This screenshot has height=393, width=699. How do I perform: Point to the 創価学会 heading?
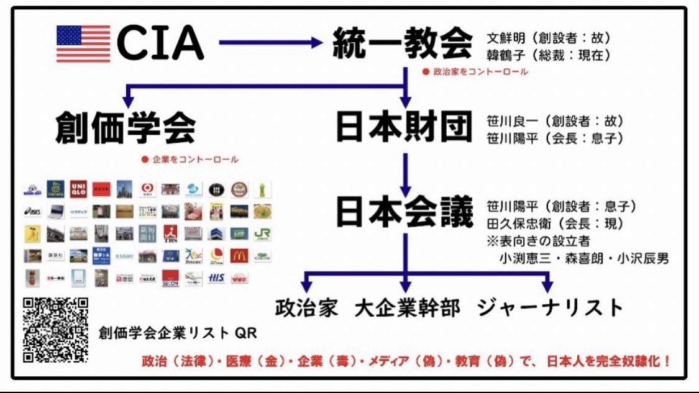[125, 127]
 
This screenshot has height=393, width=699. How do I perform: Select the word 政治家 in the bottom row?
[308, 307]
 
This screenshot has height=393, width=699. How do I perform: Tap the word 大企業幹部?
[408, 307]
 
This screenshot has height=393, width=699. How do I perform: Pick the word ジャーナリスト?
[550, 307]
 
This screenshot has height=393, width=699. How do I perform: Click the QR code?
[55, 330]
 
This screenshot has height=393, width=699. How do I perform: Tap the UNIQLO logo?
[78, 189]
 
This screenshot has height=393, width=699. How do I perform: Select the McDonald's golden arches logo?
[239, 255]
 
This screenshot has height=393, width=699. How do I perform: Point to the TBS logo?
[170, 233]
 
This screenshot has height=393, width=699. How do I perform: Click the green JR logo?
[262, 233]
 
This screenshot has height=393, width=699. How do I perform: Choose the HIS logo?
[216, 278]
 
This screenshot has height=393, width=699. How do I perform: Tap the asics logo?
[32, 211]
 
